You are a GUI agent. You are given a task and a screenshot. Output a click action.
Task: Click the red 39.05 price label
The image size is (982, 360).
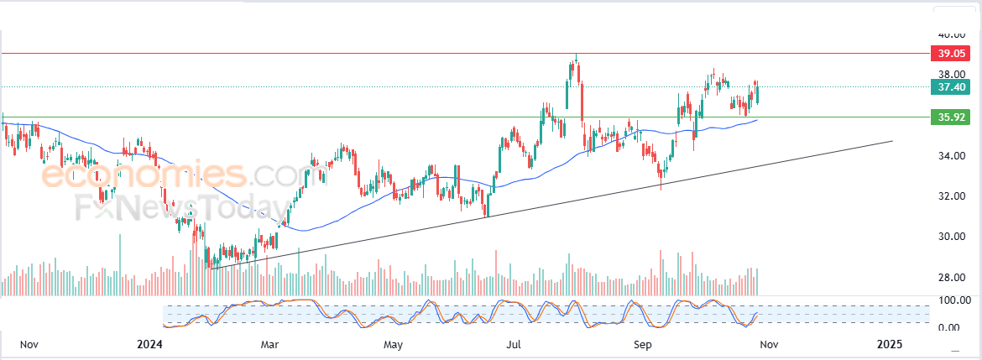tap(951, 54)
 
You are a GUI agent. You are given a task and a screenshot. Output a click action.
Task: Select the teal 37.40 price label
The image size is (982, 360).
tap(951, 87)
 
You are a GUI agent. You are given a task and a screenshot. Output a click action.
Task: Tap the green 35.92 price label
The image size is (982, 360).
tap(951, 117)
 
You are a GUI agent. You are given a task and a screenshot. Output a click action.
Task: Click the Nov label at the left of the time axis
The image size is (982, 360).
tap(30, 345)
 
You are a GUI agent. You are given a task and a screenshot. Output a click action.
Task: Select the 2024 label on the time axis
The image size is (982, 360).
tap(149, 345)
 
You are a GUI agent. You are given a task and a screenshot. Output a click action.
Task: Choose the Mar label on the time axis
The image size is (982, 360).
tap(269, 345)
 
